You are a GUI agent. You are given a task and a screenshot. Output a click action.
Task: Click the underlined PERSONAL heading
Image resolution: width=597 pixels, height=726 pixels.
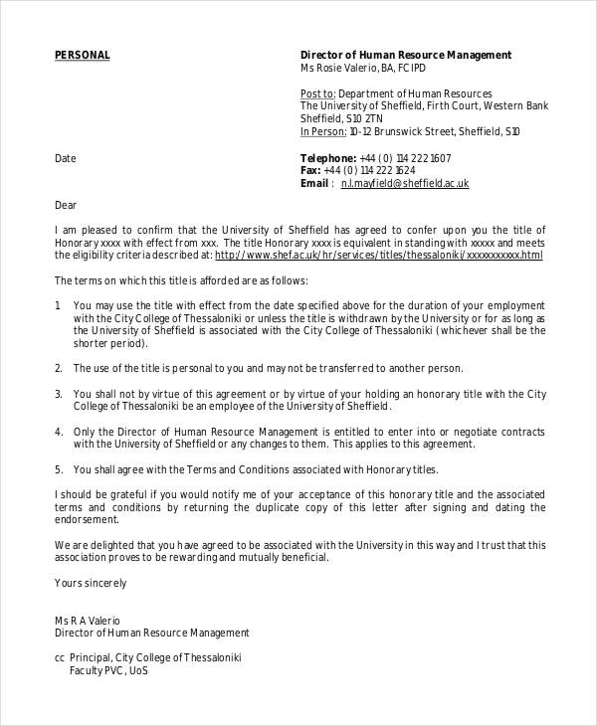click(x=82, y=55)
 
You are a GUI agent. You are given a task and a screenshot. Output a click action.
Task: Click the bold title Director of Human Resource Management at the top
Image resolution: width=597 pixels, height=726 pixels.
click(x=405, y=55)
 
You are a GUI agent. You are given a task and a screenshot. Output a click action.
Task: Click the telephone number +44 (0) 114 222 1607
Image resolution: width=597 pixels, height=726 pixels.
click(x=405, y=158)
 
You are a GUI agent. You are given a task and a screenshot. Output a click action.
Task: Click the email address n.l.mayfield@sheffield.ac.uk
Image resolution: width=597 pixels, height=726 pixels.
click(x=404, y=184)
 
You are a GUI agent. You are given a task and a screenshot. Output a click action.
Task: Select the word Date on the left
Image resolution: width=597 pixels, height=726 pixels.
click(x=65, y=158)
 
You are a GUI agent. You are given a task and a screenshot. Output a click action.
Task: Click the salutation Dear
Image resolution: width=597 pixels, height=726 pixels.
click(x=65, y=206)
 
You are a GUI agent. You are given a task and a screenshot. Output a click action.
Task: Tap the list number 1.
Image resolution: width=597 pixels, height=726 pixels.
click(x=58, y=305)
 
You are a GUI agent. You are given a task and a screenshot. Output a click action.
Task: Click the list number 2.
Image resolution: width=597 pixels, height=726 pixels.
click(x=58, y=368)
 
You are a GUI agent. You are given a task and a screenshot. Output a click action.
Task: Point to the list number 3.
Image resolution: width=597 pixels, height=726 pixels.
click(x=58, y=394)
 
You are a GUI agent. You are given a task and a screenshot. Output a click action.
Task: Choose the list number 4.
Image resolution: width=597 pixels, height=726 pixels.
click(x=58, y=432)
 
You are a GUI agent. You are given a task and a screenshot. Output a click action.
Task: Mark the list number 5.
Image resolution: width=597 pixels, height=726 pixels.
click(x=58, y=469)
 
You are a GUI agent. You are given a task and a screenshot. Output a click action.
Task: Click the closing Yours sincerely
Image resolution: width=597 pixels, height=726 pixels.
click(x=90, y=583)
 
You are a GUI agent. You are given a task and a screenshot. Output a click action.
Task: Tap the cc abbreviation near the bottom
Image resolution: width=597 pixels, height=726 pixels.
click(x=60, y=658)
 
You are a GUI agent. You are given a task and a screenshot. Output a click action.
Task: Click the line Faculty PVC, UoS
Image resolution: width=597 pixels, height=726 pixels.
click(x=107, y=671)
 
